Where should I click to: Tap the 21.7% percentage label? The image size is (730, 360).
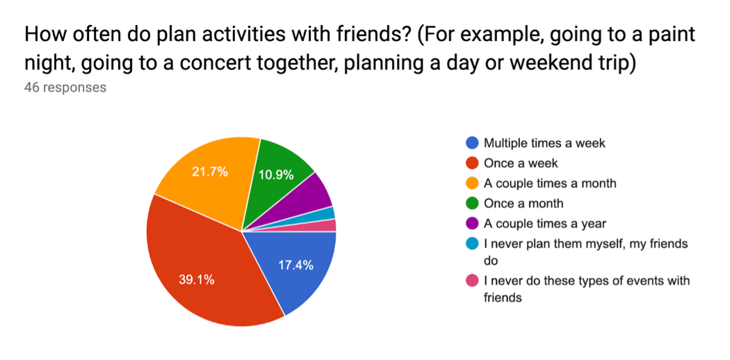click(210, 172)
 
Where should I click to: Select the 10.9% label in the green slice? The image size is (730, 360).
click(275, 175)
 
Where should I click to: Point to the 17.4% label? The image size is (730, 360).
click(295, 265)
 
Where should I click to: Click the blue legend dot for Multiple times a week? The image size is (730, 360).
click(472, 142)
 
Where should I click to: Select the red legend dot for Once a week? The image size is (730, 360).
click(472, 163)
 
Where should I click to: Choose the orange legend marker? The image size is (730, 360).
click(472, 183)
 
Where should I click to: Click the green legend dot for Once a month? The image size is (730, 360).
click(472, 203)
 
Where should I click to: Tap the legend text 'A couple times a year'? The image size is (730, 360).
click(544, 224)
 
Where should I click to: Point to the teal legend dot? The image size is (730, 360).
click(472, 244)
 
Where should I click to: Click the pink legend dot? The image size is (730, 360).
click(472, 281)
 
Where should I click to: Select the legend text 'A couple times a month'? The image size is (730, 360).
click(550, 183)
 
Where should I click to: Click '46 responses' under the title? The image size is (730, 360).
click(65, 87)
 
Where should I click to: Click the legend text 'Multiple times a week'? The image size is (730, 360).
click(544, 142)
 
